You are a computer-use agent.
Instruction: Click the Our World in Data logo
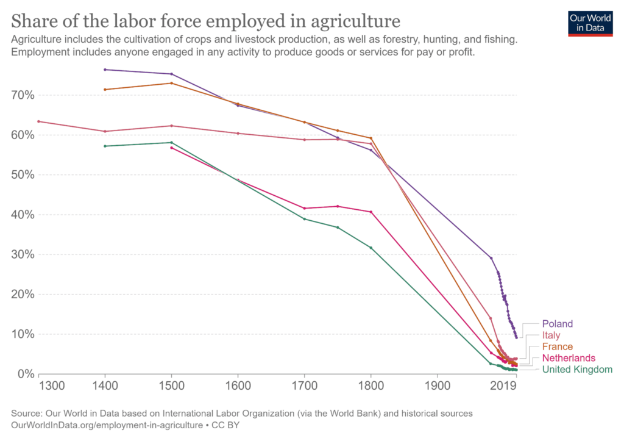[590, 23]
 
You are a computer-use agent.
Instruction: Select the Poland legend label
[557, 324]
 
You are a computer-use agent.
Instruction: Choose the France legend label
[556, 347]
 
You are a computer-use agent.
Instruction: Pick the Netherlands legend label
[569, 358]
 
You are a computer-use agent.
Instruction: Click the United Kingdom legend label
[576, 370]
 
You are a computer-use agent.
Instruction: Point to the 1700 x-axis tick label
[304, 386]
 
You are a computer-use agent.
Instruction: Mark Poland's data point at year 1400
[105, 70]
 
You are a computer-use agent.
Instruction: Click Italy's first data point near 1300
[38, 121]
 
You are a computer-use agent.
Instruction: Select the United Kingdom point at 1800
[370, 248]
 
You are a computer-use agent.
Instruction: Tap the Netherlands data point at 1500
[171, 148]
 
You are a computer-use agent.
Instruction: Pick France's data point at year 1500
[171, 83]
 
